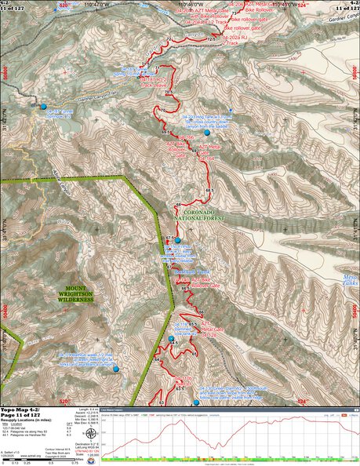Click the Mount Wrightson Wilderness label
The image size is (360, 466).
click(69, 294)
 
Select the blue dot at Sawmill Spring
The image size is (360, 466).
click(43, 107)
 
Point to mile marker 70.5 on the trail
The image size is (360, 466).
click(168, 93)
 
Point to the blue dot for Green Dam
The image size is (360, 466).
click(197, 402)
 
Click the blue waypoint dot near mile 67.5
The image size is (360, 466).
click(178, 241)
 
